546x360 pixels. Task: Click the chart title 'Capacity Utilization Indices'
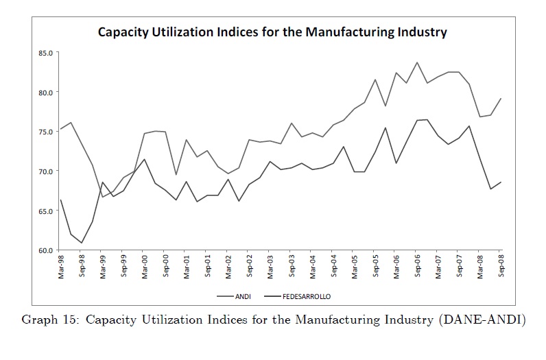(x=272, y=32)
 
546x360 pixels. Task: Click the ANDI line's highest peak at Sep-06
(x=417, y=62)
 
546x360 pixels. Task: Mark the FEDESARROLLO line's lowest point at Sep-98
(x=82, y=243)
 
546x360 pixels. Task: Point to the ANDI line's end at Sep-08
(x=501, y=99)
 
